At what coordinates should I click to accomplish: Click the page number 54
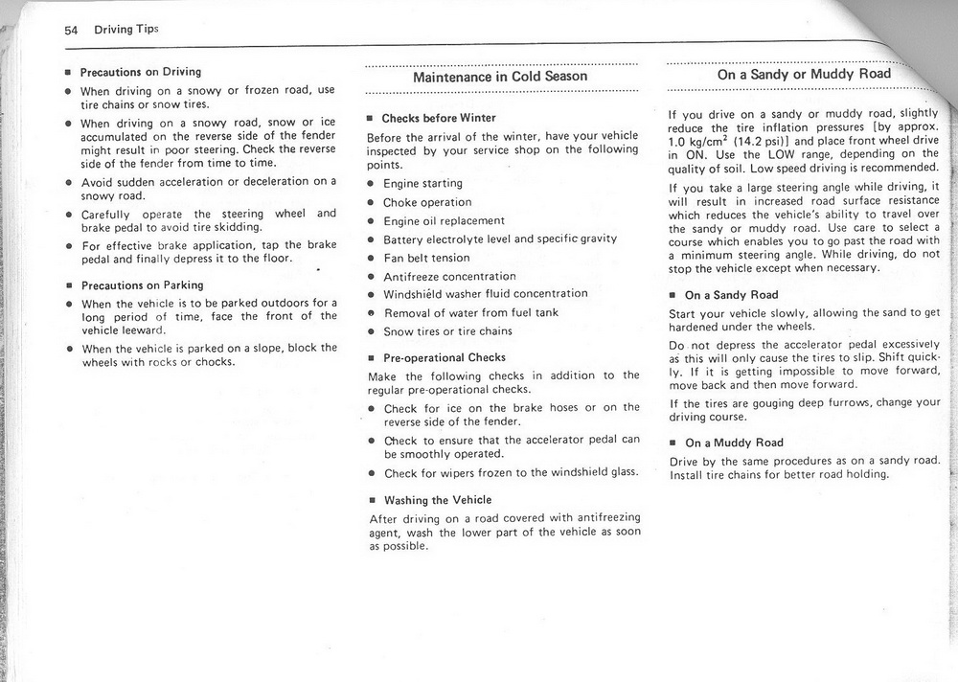[71, 29]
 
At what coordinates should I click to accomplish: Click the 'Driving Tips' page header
[126, 29]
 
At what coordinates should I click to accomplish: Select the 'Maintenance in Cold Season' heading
[500, 77]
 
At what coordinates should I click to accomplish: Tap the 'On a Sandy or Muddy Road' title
[804, 74]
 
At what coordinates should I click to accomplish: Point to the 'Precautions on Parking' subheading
[142, 285]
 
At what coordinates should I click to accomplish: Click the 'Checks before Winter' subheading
[439, 119]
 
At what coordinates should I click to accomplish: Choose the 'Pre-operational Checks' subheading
[445, 358]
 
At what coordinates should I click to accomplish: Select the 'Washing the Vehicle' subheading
[438, 500]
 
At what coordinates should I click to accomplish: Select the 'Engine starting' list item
[422, 183]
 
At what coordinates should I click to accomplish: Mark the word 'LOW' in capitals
[759, 154]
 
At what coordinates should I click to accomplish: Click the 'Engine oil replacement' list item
[444, 221]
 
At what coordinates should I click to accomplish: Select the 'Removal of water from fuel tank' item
[471, 313]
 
